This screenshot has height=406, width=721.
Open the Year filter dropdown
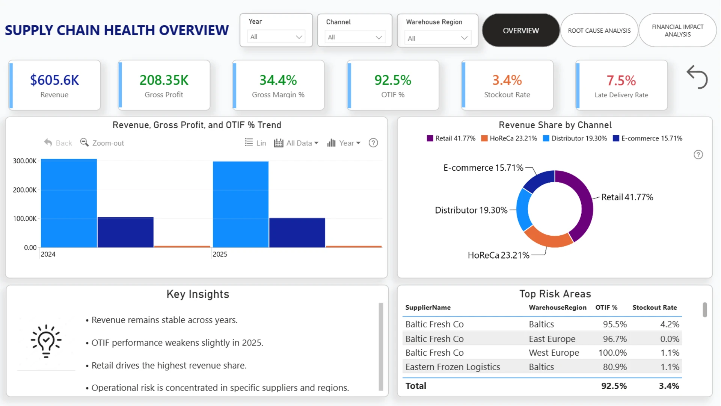tap(276, 37)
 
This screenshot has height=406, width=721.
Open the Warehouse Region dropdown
tap(437, 38)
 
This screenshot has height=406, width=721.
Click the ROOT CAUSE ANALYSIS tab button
tap(599, 30)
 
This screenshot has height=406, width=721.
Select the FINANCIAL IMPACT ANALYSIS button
tap(677, 30)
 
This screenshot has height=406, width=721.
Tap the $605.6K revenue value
tap(54, 80)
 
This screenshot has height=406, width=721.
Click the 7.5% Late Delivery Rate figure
tap(621, 80)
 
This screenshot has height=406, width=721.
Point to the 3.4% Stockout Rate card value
tap(507, 80)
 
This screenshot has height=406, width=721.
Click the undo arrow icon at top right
tap(697, 77)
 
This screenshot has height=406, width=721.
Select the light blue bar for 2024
tap(69, 203)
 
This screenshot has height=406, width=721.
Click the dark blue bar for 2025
tap(297, 233)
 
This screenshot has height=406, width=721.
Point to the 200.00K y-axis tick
tap(25, 190)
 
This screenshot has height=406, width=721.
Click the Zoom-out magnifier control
tap(102, 143)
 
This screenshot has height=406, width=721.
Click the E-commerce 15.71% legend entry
tap(647, 138)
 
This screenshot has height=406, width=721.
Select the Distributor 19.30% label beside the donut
tap(471, 210)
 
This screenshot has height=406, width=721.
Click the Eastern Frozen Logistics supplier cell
tap(453, 367)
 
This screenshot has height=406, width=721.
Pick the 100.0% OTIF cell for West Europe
tap(612, 353)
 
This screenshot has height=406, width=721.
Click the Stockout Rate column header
tap(655, 308)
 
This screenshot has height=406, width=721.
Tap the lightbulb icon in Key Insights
tap(46, 341)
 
